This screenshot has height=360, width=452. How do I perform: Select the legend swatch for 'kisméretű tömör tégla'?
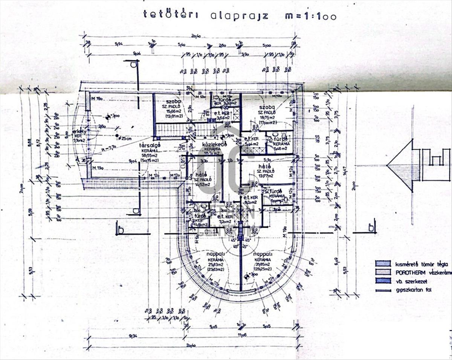383,264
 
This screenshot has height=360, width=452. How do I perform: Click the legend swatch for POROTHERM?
383,272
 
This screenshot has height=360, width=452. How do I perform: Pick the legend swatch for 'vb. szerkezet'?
383,281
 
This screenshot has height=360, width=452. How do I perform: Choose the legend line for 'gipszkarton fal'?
383,290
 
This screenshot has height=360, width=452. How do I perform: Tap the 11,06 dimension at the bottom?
243,335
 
